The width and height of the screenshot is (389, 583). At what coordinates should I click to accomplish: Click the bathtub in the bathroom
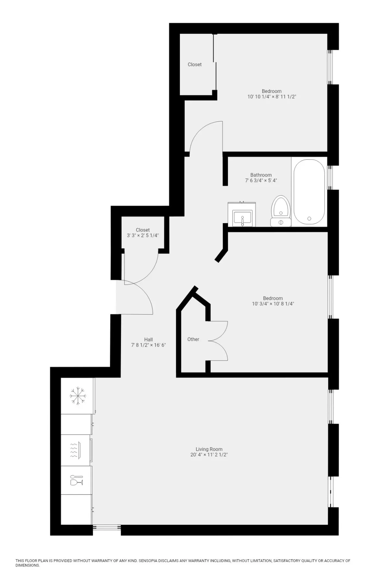[x=309, y=192]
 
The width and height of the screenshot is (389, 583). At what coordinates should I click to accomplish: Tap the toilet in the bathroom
[x=281, y=211]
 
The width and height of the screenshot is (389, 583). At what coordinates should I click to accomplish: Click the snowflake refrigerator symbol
[x=78, y=396]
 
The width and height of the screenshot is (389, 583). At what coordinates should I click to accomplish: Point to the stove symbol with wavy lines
[x=74, y=450]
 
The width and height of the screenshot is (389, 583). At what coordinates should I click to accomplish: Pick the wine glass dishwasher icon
[x=77, y=480]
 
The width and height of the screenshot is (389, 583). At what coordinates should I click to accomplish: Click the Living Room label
[x=209, y=449]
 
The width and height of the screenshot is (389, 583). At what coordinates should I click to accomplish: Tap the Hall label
[x=148, y=339]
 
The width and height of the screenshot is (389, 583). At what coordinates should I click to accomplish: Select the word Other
[x=193, y=339]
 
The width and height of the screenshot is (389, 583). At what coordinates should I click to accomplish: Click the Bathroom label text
[x=261, y=175]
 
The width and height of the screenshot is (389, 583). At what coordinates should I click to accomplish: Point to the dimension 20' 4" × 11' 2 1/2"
[x=209, y=455]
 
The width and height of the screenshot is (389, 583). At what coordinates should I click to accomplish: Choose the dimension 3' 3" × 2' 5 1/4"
[x=143, y=235]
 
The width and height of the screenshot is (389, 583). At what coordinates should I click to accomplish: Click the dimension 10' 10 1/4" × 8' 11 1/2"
[x=272, y=97]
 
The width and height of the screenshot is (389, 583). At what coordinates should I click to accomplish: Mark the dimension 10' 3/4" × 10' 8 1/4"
[x=273, y=304]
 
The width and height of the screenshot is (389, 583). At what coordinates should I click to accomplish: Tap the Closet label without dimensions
[x=194, y=64]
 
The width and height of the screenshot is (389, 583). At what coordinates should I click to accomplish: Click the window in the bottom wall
[x=107, y=528]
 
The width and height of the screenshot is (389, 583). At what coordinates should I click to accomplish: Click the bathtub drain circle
[x=309, y=219]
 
